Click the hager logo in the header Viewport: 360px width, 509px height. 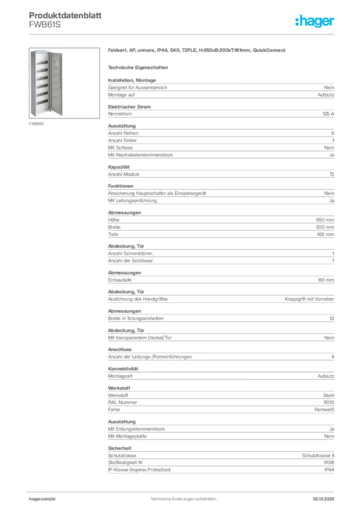[314, 20]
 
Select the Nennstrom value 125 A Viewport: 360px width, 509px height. [328, 114]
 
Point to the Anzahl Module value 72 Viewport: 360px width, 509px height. [331, 174]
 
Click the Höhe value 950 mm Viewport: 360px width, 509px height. [325, 220]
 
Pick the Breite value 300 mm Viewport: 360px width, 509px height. [325, 227]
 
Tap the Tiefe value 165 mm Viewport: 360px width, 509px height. [325, 234]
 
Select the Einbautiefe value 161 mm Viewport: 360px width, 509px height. [326, 280]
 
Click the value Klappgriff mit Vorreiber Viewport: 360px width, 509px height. [309, 299]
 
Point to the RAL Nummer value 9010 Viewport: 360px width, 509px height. [328, 402]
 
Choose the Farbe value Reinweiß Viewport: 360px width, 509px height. [324, 410]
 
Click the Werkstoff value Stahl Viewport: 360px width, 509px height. [329, 395]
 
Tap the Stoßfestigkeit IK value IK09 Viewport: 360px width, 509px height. [329, 462]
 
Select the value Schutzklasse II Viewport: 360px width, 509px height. [318, 455]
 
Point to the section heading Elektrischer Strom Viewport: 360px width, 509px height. [129, 107]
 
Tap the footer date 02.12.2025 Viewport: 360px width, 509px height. [323, 499]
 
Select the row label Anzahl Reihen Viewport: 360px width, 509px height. [123, 133]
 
